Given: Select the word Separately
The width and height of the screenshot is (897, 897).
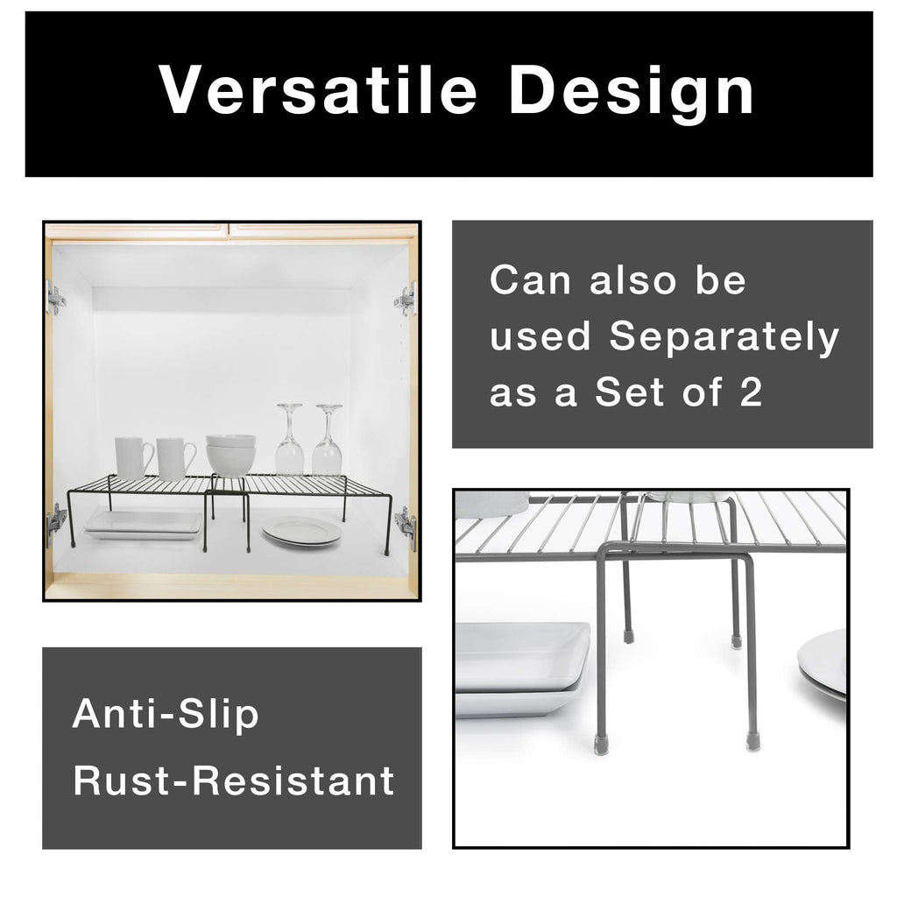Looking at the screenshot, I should click(724, 337).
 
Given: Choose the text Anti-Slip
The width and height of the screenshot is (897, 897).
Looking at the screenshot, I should click(166, 714).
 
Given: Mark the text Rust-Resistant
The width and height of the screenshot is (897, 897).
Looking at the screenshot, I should click(233, 780).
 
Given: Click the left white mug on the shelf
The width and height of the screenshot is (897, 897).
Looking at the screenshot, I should click(133, 458).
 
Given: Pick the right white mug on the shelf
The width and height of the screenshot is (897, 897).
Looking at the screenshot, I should click(175, 458).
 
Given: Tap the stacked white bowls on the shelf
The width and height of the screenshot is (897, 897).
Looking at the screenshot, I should click(231, 455).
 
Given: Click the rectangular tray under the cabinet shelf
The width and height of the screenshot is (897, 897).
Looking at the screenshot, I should click(142, 524).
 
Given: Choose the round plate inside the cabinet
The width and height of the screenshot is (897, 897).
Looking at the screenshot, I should click(301, 531).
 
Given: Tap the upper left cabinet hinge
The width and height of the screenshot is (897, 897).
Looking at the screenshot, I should click(56, 299).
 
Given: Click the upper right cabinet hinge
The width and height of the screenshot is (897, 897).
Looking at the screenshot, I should click(406, 299).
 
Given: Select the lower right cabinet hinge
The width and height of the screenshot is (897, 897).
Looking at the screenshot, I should click(406, 526).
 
